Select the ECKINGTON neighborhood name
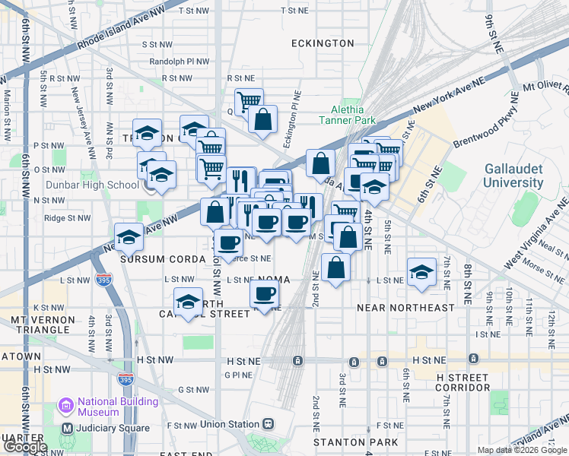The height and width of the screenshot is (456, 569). [323, 43]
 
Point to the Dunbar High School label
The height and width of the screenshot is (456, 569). [102, 185]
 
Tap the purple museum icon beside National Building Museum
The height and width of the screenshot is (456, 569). [67, 407]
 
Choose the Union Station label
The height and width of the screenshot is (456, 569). [233, 423]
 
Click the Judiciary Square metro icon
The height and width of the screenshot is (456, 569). [67, 427]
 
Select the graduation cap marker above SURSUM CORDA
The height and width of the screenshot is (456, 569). [129, 236]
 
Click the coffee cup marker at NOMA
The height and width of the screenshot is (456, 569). [264, 293]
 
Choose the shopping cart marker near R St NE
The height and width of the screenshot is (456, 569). [249, 101]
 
